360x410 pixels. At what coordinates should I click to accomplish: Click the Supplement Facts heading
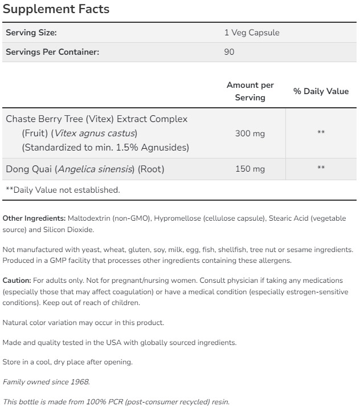point(56,10)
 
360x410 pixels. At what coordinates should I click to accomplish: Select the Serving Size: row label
point(31,33)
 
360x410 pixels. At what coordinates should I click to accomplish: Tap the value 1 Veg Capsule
point(252,33)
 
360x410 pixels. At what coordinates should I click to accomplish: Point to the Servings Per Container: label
point(52,52)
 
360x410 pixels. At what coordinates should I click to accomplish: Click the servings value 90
point(230,52)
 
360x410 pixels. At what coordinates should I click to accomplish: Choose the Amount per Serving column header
point(250,91)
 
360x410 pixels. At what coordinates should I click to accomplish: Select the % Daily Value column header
point(321,91)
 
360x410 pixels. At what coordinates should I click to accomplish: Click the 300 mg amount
point(250,133)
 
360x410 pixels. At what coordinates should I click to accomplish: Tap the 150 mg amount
point(250,169)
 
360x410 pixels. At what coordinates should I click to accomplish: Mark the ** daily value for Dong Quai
point(321,168)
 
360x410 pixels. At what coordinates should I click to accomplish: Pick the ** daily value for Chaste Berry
point(321,132)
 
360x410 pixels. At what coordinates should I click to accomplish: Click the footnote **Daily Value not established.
point(63,190)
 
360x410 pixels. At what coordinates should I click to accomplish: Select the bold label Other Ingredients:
point(34,218)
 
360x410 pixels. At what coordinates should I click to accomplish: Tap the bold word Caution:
point(17,281)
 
